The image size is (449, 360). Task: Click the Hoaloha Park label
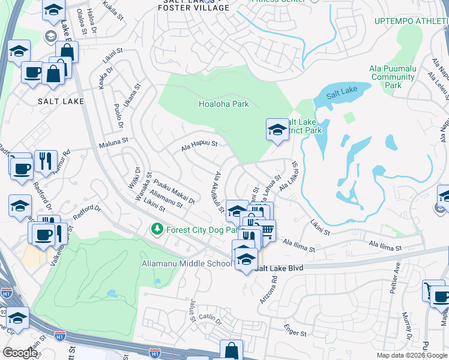(x=223, y=104)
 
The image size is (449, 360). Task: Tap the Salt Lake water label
(x=342, y=92)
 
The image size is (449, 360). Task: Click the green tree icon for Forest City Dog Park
(x=157, y=229)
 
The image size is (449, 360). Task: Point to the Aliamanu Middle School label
(x=186, y=263)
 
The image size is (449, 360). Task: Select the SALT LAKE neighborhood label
(x=61, y=101)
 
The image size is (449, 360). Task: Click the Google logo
(x=20, y=353)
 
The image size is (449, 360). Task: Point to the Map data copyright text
(x=411, y=355)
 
